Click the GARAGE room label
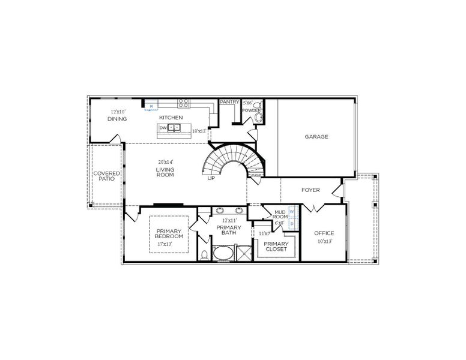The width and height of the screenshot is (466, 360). tap(316, 137)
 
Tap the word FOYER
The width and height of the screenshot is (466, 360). tap(310, 190)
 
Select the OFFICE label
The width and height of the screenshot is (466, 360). tap(324, 233)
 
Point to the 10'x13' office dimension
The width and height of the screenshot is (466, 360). tap(324, 241)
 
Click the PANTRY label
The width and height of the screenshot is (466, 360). tap(229, 102)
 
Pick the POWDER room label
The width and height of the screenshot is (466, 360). tap(252, 110)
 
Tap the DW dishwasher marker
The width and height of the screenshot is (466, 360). tap(163, 128)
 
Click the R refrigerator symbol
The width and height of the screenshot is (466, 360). tap(151, 106)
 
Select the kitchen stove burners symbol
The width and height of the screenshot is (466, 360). tap(183, 103)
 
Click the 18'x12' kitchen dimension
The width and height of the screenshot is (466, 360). tap(199, 131)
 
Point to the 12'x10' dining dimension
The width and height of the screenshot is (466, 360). tap(118, 112)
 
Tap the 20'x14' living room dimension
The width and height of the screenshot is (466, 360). tap(165, 162)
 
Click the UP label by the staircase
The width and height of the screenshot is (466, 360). tap(211, 178)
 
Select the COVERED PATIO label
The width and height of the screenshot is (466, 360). tap(106, 176)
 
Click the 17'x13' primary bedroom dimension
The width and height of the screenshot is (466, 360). tap(165, 244)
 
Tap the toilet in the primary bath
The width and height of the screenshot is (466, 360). tap(204, 254)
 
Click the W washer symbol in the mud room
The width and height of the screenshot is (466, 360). tap(292, 212)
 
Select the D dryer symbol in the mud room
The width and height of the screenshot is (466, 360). tap(292, 223)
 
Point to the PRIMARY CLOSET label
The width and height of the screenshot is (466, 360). tap(276, 246)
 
